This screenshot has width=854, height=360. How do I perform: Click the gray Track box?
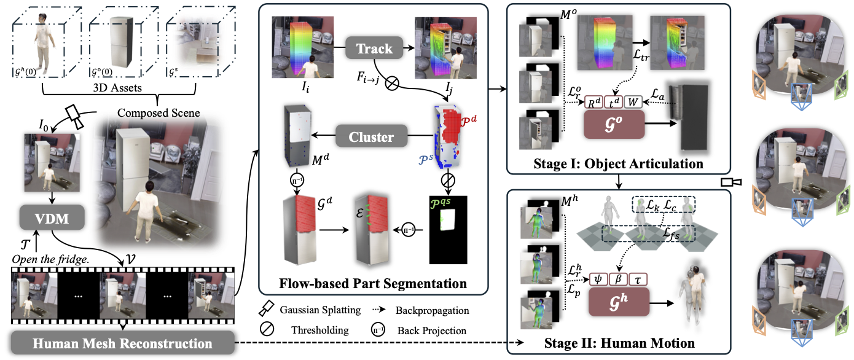[374, 48]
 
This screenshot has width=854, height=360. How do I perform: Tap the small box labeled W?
[635, 101]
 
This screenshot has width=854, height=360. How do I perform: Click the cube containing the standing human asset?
[39, 42]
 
